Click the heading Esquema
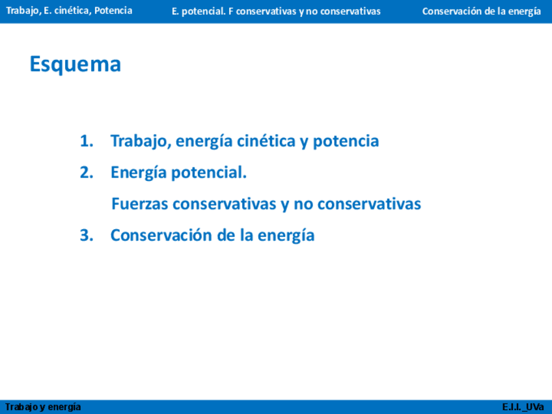click(76, 64)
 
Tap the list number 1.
click(87, 141)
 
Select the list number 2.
click(87, 172)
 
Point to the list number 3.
click(87, 235)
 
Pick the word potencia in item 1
click(346, 141)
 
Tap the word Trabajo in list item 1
click(141, 141)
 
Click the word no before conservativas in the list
click(303, 204)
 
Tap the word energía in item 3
click(286, 236)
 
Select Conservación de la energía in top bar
click(481, 12)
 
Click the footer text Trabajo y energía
click(43, 407)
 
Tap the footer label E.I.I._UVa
click(523, 407)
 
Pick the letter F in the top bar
click(231, 11)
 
